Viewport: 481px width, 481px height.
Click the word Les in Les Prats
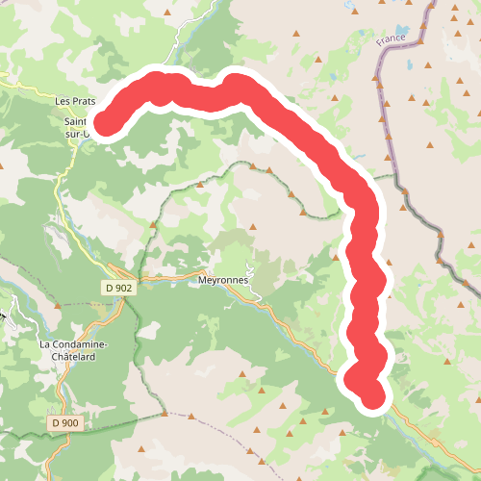(x=63, y=100)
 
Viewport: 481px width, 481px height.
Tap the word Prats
(x=86, y=100)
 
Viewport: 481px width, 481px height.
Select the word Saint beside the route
(x=76, y=122)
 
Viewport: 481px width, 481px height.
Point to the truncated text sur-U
(x=79, y=135)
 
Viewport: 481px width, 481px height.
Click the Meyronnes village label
(x=222, y=280)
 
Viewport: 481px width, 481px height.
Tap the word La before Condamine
(x=45, y=344)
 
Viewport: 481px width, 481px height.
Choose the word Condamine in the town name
(x=81, y=344)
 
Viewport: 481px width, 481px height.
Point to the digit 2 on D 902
(x=129, y=288)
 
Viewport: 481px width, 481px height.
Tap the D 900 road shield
(x=65, y=422)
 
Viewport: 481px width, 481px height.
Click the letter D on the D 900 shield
(x=57, y=422)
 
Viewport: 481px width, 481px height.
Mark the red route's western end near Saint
(x=101, y=123)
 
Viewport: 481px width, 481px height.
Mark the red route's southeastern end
(x=371, y=395)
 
